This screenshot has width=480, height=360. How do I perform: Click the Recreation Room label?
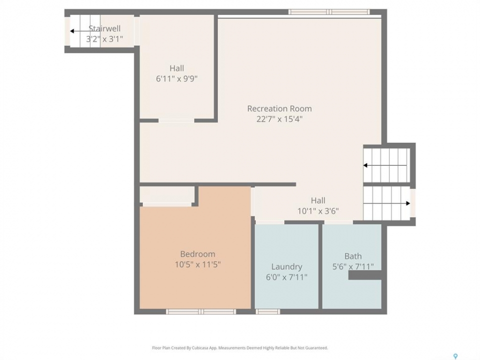point(279,108)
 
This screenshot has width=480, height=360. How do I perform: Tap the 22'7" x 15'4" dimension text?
point(279,119)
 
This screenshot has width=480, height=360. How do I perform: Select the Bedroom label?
point(197,254)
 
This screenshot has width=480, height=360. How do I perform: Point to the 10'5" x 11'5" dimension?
point(197,264)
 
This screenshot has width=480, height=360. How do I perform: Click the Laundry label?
point(286,267)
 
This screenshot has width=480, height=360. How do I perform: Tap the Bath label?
point(353,256)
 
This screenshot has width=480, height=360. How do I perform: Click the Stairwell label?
point(104,28)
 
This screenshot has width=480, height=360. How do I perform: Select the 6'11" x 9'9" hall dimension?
point(176,78)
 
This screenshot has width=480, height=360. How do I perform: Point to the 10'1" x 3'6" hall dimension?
point(318,211)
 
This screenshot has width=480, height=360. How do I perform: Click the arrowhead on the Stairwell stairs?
point(72,31)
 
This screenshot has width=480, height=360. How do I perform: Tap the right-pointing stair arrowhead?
point(408,203)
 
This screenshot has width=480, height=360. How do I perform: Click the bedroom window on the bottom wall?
point(201,311)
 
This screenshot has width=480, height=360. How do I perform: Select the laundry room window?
point(267,311)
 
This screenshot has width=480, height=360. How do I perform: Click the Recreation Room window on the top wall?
point(329,12)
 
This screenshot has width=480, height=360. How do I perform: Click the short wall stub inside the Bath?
point(365,275)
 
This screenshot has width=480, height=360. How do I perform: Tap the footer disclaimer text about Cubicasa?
point(239,348)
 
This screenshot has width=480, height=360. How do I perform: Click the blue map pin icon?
point(455,356)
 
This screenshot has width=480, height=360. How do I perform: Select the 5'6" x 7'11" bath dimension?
point(353,266)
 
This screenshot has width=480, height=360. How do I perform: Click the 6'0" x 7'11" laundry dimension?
point(286,277)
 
